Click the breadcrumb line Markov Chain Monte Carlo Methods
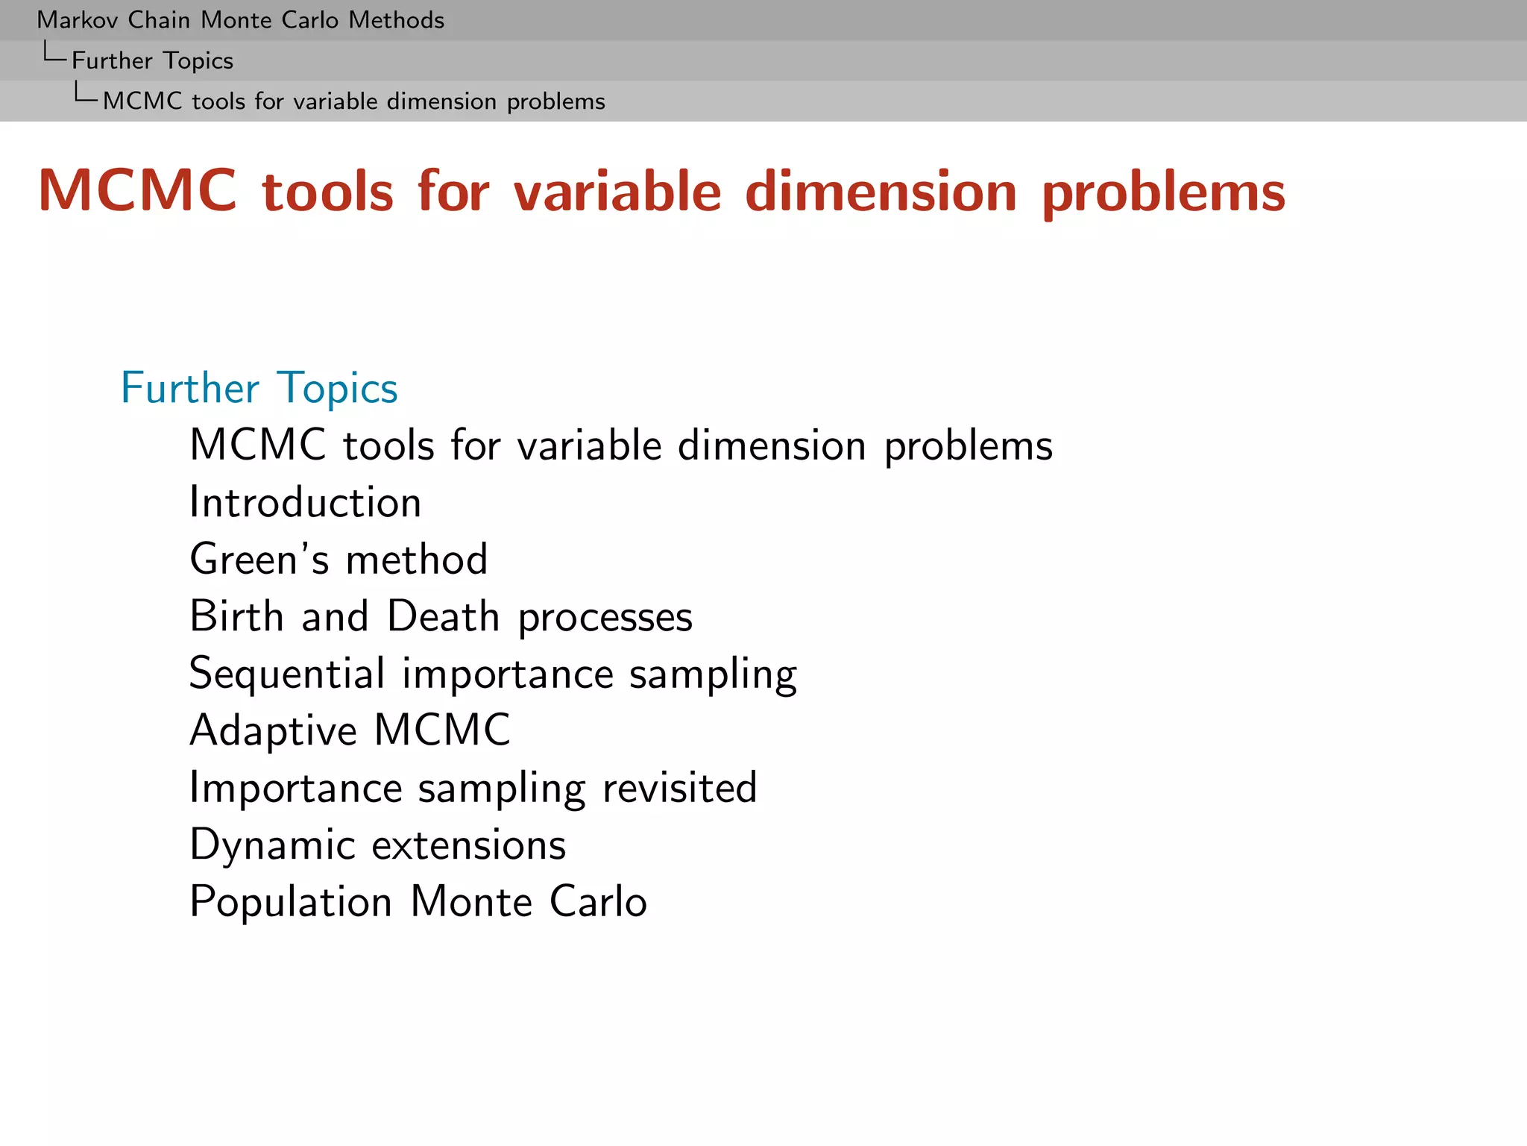point(240,20)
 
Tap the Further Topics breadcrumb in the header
point(152,60)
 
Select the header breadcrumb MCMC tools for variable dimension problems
point(353,101)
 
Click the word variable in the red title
point(617,192)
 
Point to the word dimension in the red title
point(881,192)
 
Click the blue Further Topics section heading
point(259,388)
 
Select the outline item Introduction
point(306,502)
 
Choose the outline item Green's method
point(339,559)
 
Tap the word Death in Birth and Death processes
point(443,616)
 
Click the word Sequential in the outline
point(287,673)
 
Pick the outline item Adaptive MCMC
point(350,730)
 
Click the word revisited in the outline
point(679,787)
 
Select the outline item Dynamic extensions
point(378,845)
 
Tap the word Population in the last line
point(291,902)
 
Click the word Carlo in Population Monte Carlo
point(598,901)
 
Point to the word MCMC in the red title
point(137,192)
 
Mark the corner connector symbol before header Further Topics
point(54,53)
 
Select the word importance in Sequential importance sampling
point(507,674)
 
